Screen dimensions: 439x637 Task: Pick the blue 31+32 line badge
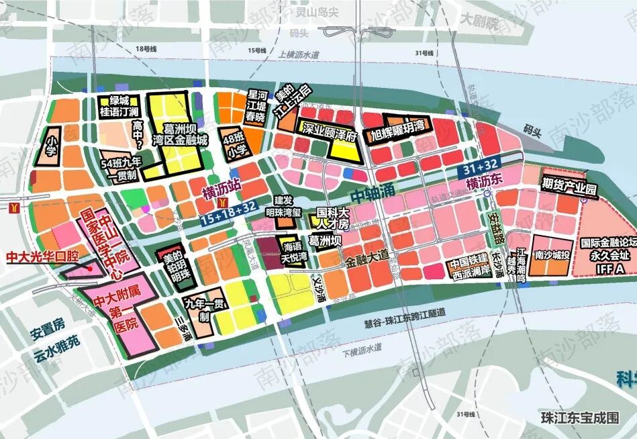[480, 170]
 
